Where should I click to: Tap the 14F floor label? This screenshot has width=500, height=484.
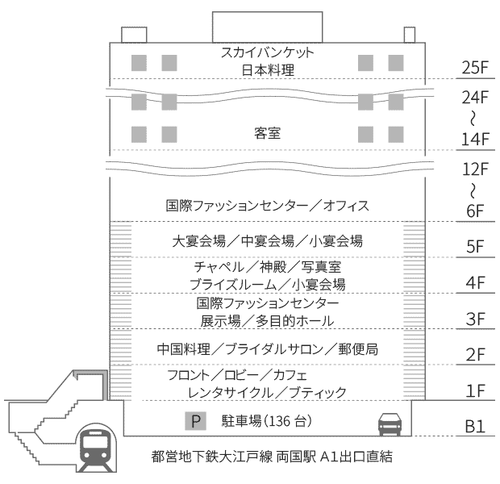coord(474,138)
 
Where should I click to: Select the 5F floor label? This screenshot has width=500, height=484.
coord(474,247)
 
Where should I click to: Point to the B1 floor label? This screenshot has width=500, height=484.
coord(474,425)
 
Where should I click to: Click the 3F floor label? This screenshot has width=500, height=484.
coord(474,319)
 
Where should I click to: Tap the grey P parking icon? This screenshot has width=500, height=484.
coord(197,420)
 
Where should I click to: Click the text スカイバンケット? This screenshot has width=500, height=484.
coord(268,53)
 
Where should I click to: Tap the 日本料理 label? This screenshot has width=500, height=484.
coord(268,70)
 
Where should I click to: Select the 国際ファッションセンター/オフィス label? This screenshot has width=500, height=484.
coord(268,207)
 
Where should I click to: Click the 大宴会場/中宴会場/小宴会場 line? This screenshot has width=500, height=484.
coord(268,240)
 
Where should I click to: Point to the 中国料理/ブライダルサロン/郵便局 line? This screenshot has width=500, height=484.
coord(268,348)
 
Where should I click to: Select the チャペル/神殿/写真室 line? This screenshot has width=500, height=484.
coord(267,267)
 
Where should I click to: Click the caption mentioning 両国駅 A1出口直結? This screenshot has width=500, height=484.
coord(272,457)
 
